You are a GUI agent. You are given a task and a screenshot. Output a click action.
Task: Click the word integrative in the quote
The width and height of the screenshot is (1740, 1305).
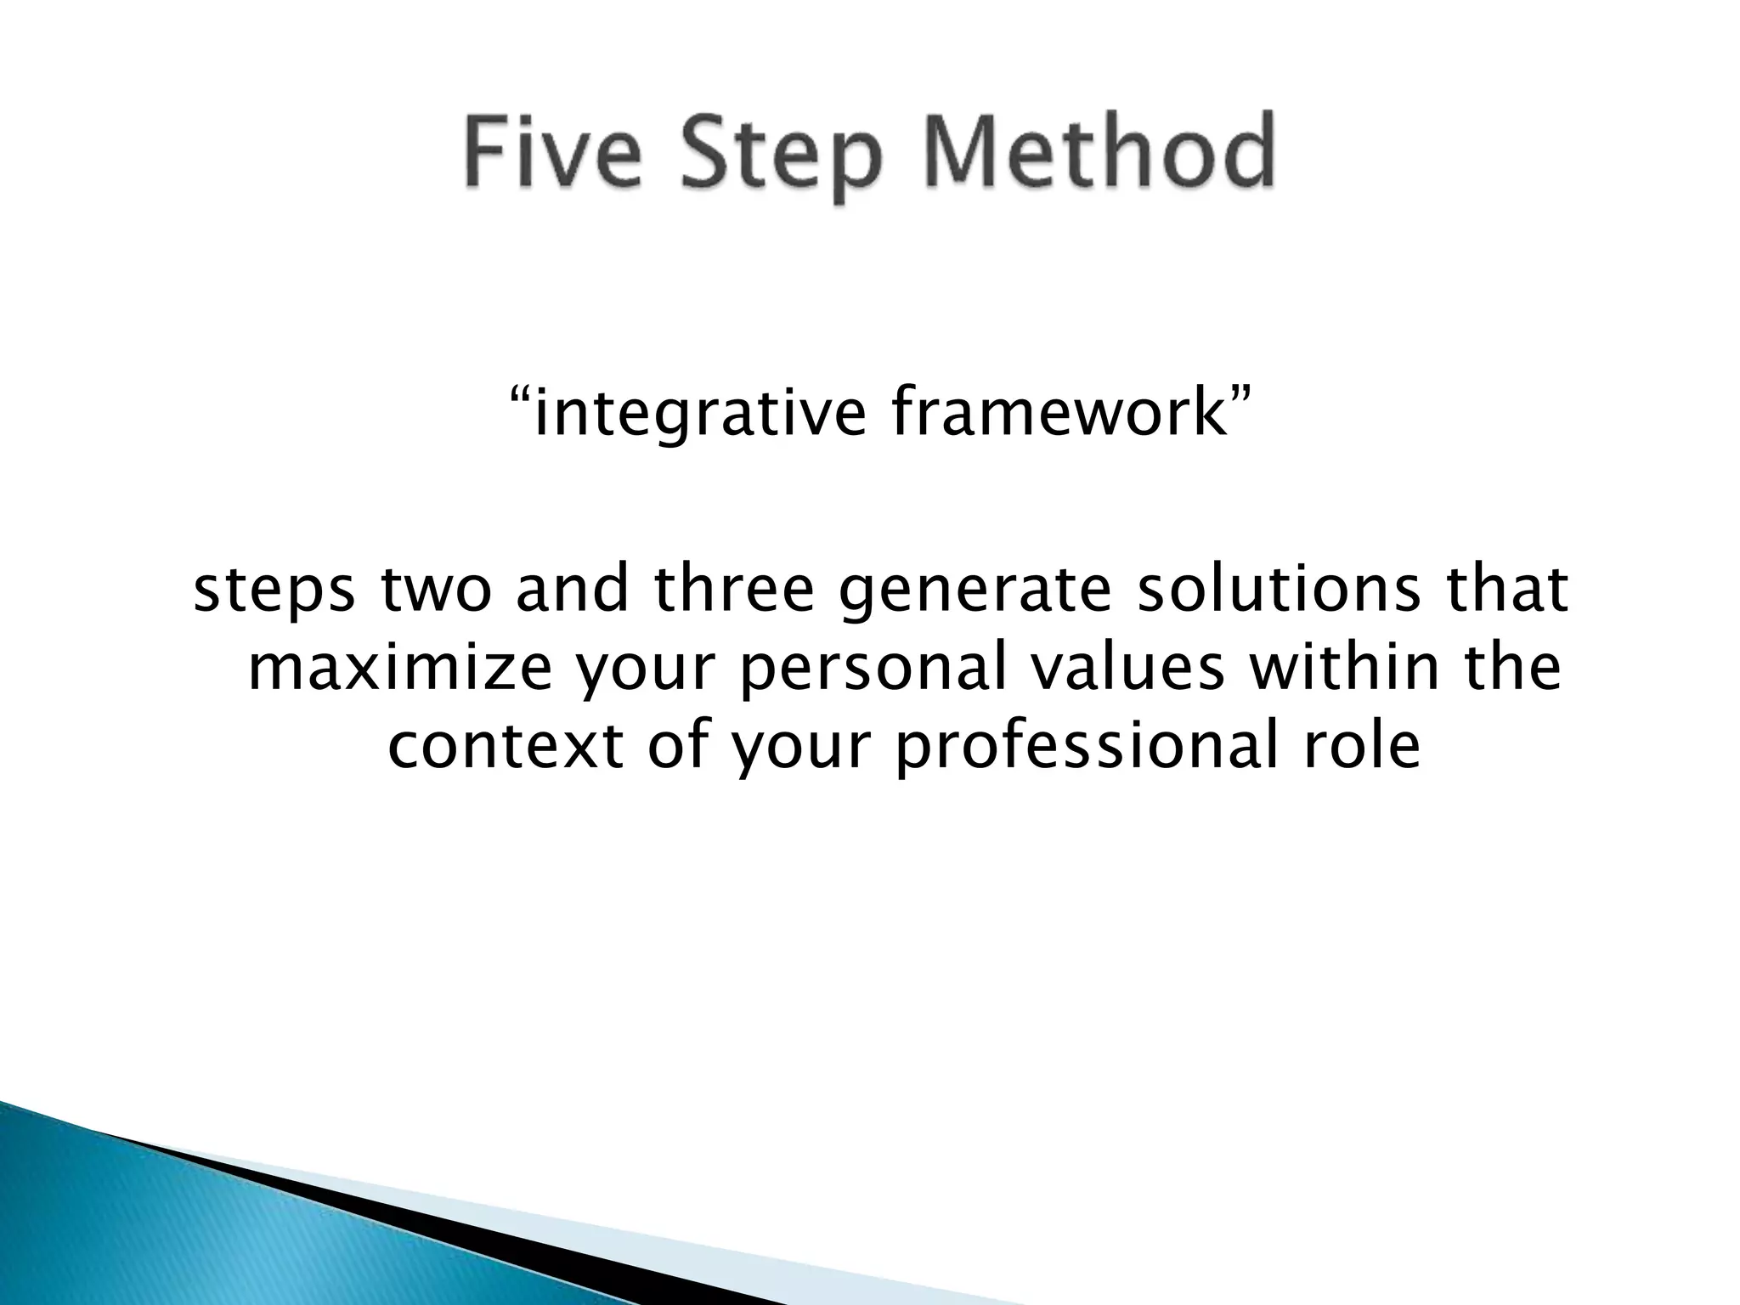point(697,413)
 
